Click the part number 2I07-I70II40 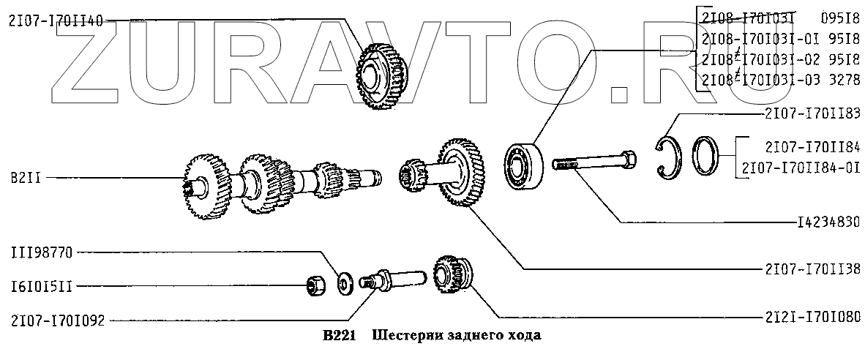point(56,21)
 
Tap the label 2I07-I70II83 point(812,113)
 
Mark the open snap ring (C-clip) point(670,157)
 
